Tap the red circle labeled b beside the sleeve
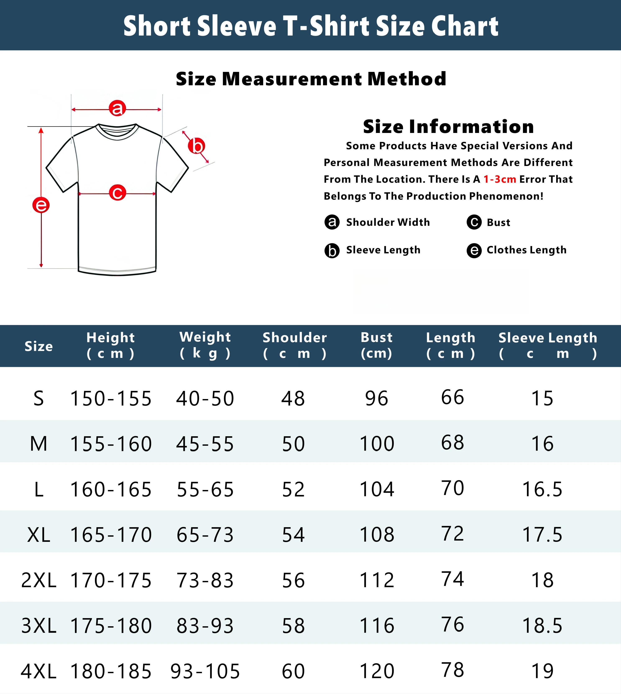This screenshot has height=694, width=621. pyautogui.click(x=197, y=146)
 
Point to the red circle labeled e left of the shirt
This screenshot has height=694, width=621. pyautogui.click(x=41, y=205)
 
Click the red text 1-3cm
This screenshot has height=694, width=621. pyautogui.click(x=500, y=179)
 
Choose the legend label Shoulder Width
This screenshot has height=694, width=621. pyautogui.click(x=388, y=222)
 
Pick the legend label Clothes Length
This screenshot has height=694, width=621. pyautogui.click(x=526, y=250)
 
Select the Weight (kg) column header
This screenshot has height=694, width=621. pyautogui.click(x=205, y=345)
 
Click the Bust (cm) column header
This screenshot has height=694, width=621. pyautogui.click(x=377, y=345)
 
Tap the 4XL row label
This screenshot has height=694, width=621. pyautogui.click(x=38, y=671)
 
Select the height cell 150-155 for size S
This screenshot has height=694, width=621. pyautogui.click(x=111, y=398)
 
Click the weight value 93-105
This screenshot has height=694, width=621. pyautogui.click(x=205, y=671)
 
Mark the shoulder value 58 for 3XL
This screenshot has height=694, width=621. pyautogui.click(x=293, y=626)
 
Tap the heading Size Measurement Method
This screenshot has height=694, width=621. pyautogui.click(x=311, y=79)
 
